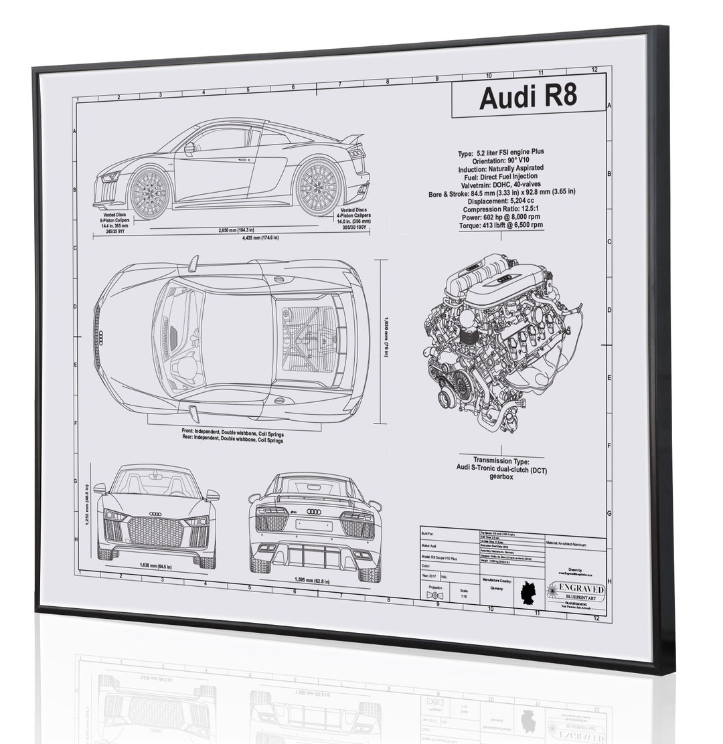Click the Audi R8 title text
coord(528,97)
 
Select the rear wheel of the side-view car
coord(319,187)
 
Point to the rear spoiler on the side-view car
coord(352,138)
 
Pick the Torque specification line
coord(495,225)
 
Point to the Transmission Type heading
coord(501,460)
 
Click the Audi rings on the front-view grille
coord(155,514)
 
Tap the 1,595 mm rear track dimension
coord(313,580)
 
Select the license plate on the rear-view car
coord(313,525)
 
